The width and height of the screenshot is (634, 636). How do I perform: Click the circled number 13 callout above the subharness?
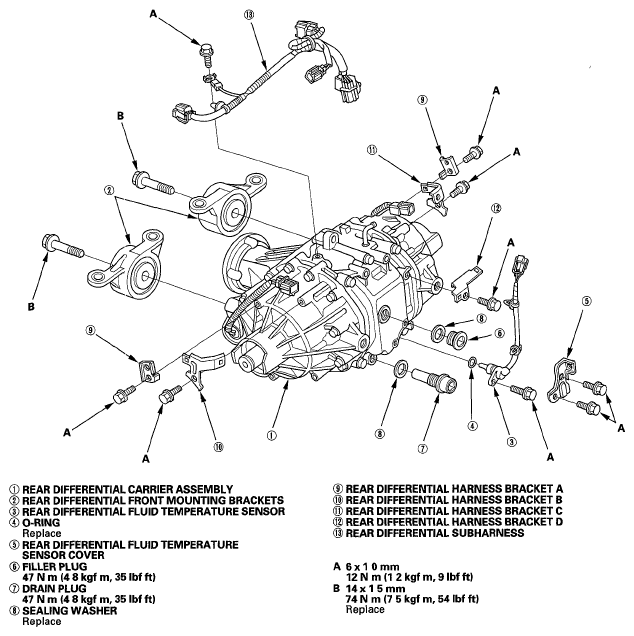point(249,15)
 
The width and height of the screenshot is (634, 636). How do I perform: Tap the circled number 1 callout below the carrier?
point(271,435)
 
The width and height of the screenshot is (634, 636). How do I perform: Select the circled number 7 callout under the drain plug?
point(422,448)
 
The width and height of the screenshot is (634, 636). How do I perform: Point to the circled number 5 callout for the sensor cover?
point(587,301)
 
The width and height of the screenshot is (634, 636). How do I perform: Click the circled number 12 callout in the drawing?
point(495,208)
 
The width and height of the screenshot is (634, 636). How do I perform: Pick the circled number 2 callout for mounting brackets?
point(109,189)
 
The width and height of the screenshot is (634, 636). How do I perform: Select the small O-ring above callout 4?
point(473,362)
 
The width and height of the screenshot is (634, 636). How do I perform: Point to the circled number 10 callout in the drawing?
point(218,447)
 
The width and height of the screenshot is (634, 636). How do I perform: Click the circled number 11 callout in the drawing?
point(372,150)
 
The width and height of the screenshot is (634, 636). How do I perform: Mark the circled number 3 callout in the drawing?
point(512,442)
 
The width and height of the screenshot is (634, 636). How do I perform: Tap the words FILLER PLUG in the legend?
point(54,566)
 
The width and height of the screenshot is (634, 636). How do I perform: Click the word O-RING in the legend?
point(41,522)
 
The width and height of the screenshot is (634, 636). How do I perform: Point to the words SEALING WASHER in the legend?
point(69,610)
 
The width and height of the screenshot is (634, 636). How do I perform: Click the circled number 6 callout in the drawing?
point(499,333)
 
